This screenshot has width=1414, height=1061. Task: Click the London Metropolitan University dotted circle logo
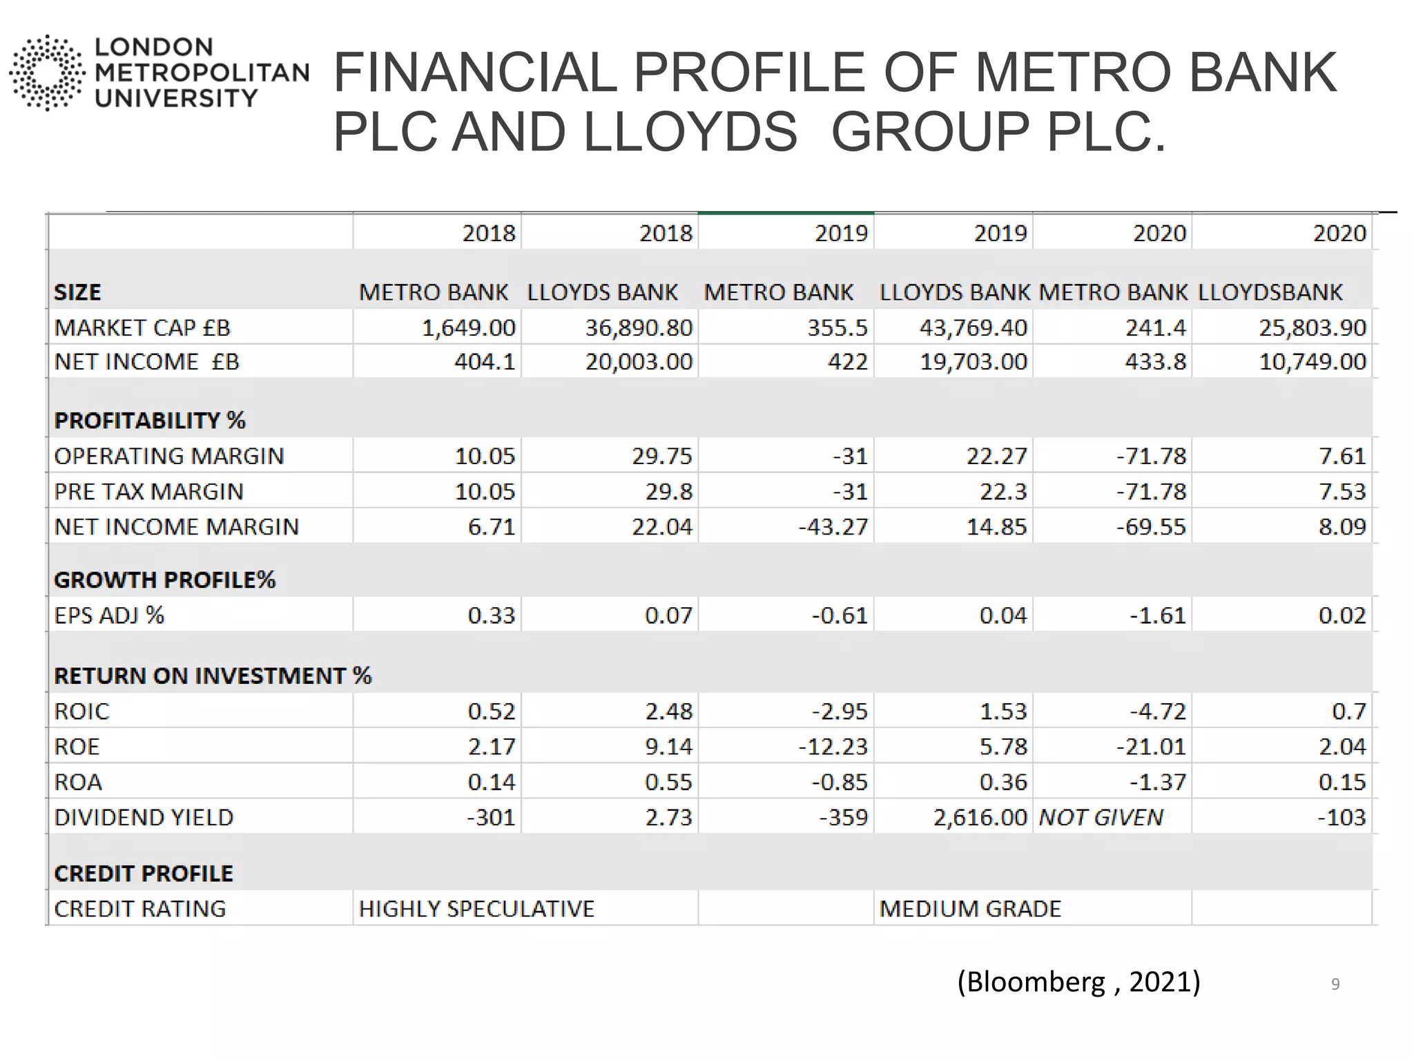pos(47,73)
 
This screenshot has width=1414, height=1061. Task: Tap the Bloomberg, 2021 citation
pos(1078,982)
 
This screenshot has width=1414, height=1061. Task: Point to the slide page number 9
pos(1335,984)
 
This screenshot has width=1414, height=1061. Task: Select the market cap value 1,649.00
pos(468,327)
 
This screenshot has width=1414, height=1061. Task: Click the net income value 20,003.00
pos(639,362)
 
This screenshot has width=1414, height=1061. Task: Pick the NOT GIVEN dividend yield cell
pos(1101,818)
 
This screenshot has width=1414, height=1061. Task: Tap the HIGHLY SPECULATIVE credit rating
pos(476,909)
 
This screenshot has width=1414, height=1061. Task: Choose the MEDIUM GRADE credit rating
pos(970,909)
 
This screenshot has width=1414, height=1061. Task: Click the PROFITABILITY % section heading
pos(150,421)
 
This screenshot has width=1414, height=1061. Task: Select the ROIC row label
pos(81,711)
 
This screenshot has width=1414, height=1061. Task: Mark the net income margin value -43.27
pos(833,527)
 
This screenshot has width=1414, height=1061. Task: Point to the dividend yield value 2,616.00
pos(980,818)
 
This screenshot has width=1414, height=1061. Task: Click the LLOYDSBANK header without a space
pos(1270,292)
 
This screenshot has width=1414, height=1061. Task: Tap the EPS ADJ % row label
pos(109,615)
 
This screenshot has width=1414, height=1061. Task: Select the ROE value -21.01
pos(1151,747)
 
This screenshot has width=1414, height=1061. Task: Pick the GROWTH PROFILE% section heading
pos(164,580)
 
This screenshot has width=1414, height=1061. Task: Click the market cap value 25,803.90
pos(1313,327)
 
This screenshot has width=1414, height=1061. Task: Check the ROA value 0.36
pos(1003,783)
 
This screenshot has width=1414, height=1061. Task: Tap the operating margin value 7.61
pos(1342,457)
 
